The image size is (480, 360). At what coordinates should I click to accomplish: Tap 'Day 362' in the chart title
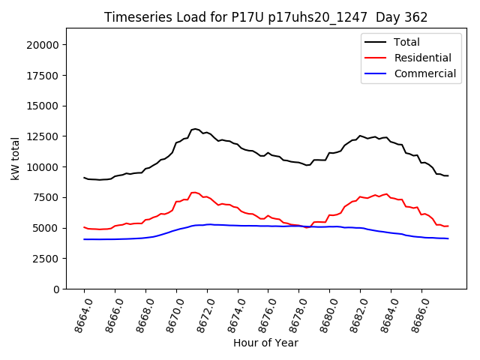pos(402,17)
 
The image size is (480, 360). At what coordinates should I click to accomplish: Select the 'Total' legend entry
pos(406,42)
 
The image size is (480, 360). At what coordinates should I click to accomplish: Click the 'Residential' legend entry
pos(422,58)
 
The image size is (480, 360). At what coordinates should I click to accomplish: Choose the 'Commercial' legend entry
pos(424,73)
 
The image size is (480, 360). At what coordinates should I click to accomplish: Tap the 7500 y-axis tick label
pos(47,197)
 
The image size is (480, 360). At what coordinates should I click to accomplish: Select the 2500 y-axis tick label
pos(47,258)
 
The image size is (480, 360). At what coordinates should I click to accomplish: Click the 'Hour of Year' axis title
pos(265,343)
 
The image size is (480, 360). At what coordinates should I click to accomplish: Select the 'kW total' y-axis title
pos(15,158)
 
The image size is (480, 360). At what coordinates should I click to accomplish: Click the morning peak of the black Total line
pos(195,129)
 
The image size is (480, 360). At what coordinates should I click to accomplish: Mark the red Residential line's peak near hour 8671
pos(194,193)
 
